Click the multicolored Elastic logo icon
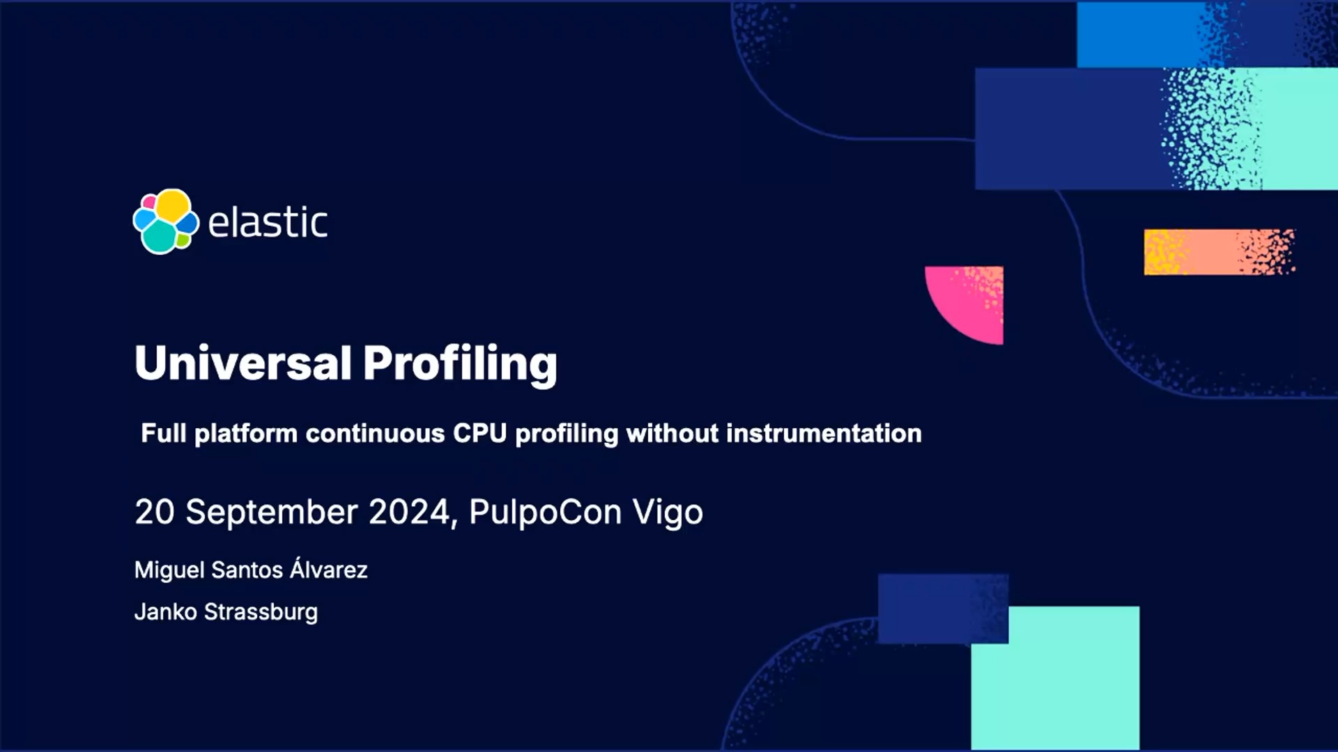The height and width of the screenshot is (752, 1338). pyautogui.click(x=166, y=221)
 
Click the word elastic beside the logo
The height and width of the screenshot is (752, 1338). pyautogui.click(x=268, y=221)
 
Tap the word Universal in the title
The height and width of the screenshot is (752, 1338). pyautogui.click(x=243, y=363)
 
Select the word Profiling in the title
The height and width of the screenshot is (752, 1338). pyautogui.click(x=460, y=364)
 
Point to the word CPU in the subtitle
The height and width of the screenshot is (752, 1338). pyautogui.click(x=479, y=433)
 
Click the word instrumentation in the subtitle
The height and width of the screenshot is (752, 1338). pyautogui.click(x=824, y=433)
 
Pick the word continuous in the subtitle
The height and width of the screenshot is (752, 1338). pyautogui.click(x=375, y=433)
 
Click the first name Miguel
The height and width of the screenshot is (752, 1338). pyautogui.click(x=169, y=570)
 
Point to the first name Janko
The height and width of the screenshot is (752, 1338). pyautogui.click(x=165, y=612)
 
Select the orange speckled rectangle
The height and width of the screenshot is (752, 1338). pyautogui.click(x=1220, y=252)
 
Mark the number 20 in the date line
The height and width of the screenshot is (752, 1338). pyautogui.click(x=155, y=512)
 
